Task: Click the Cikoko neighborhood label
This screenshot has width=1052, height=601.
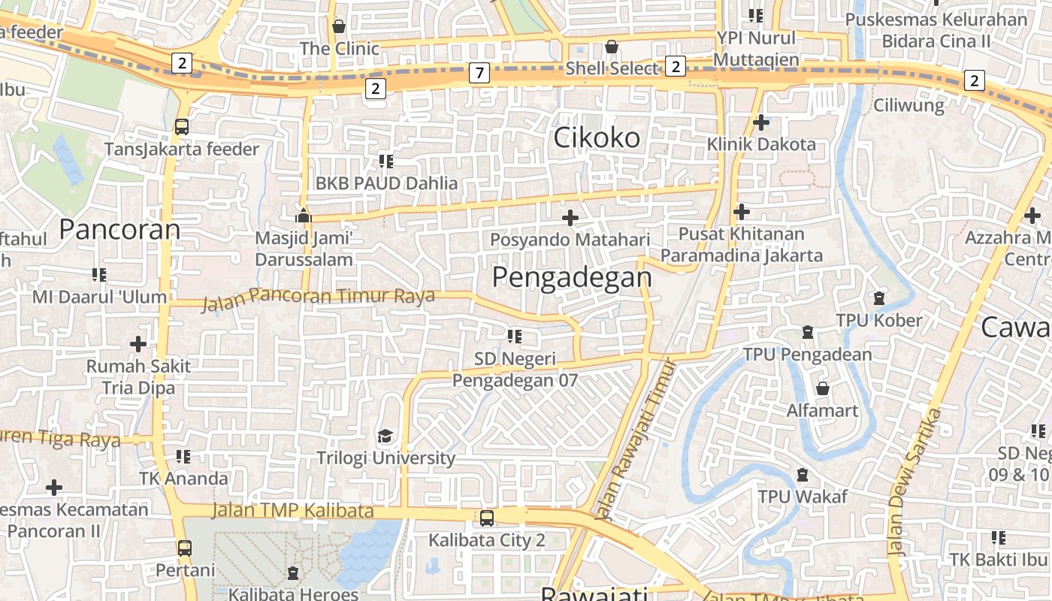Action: click(x=597, y=137)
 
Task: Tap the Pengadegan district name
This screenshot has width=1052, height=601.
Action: click(x=572, y=277)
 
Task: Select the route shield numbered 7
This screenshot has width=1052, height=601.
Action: click(x=479, y=73)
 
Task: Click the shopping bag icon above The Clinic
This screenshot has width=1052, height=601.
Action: click(x=339, y=26)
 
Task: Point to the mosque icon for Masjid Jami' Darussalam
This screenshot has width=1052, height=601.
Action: click(x=303, y=216)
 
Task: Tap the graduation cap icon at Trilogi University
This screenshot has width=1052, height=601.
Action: click(x=385, y=436)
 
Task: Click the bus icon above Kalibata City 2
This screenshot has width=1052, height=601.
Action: click(x=487, y=518)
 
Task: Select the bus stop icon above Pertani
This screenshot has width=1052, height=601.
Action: click(x=185, y=548)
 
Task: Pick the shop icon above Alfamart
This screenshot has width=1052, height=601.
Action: click(x=823, y=388)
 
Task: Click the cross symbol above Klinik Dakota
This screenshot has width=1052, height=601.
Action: click(x=761, y=122)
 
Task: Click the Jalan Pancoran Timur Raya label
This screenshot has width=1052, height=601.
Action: click(x=319, y=297)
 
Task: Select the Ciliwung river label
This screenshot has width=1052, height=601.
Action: click(x=908, y=105)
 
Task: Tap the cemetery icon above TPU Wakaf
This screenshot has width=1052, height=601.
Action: click(x=803, y=475)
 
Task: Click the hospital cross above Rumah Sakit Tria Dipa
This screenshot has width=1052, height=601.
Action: click(x=138, y=344)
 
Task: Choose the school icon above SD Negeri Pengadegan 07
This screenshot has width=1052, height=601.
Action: click(x=515, y=337)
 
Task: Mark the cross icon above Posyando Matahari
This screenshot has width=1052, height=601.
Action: click(x=570, y=218)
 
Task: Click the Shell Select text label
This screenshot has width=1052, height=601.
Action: click(x=612, y=68)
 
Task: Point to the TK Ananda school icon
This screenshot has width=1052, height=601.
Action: click(x=183, y=457)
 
